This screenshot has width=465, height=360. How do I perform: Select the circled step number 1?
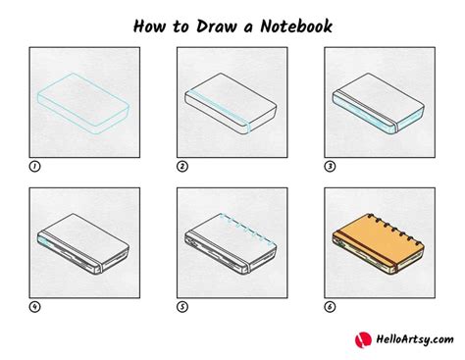pos(34,166)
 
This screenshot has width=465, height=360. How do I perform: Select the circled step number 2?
pos(181,166)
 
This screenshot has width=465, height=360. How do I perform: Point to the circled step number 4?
pos(34,305)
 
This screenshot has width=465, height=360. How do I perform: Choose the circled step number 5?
pos(181,305)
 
